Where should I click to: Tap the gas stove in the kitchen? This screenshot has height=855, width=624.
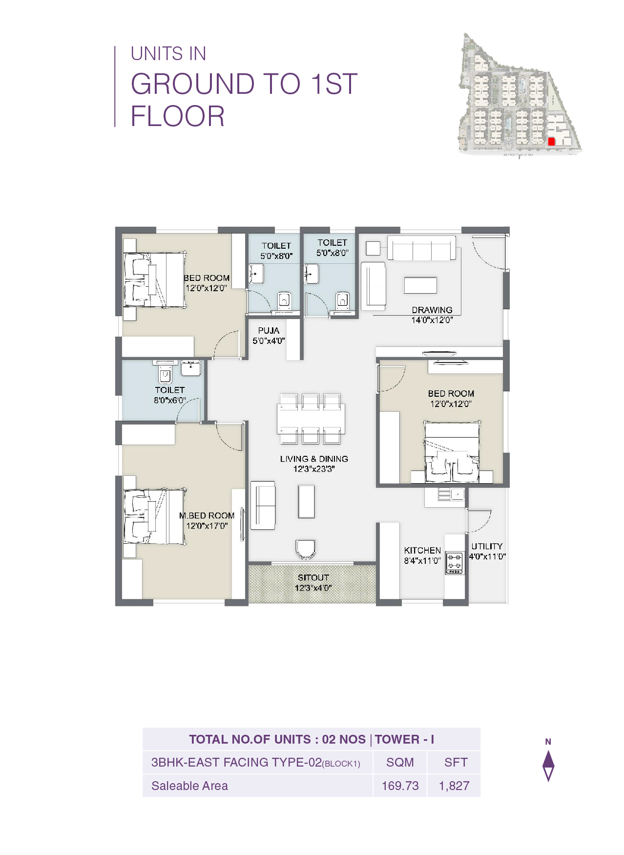click(x=455, y=563)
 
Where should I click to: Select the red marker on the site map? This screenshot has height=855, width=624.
click(x=551, y=141)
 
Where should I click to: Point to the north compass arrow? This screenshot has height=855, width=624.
click(x=548, y=765)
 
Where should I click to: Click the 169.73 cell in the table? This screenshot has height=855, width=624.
click(x=400, y=786)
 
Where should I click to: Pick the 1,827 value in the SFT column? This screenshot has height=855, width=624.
click(x=454, y=786)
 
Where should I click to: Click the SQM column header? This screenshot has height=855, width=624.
click(x=400, y=762)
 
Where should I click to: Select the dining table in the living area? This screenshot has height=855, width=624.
click(x=311, y=419)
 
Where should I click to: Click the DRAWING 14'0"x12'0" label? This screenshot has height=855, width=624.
click(x=432, y=315)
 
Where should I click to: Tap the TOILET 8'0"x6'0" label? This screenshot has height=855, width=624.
click(x=170, y=395)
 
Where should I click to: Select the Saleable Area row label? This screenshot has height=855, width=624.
click(x=189, y=786)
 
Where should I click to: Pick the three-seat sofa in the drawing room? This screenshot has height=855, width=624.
click(x=421, y=248)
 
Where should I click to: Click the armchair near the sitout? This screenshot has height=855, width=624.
click(x=306, y=549)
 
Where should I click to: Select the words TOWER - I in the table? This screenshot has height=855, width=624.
click(x=404, y=739)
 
